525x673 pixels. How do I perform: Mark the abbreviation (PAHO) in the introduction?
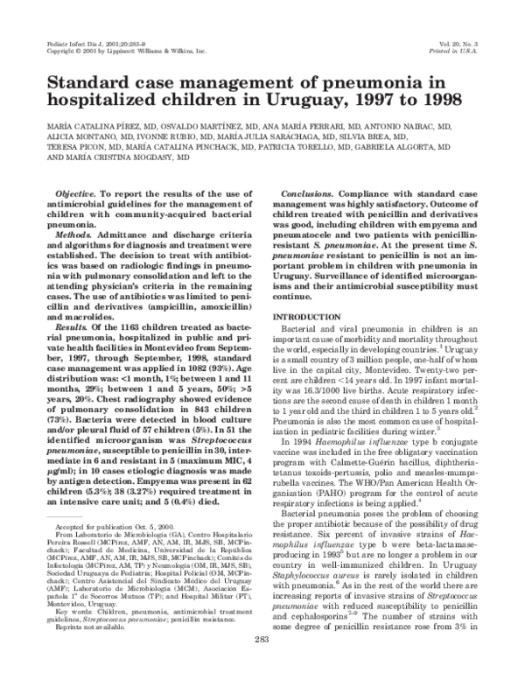325,500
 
